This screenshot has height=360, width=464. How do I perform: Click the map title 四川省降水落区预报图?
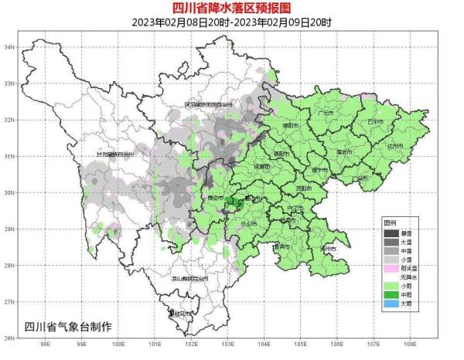(232, 8)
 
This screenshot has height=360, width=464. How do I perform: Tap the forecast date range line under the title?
(232, 22)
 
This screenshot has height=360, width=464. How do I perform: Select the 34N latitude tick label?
(10, 46)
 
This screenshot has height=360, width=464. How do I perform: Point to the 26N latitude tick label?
(10, 338)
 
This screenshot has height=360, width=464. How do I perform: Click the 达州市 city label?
(395, 145)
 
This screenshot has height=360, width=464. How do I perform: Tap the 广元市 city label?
(326, 113)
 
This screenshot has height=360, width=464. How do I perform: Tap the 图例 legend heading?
(393, 222)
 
